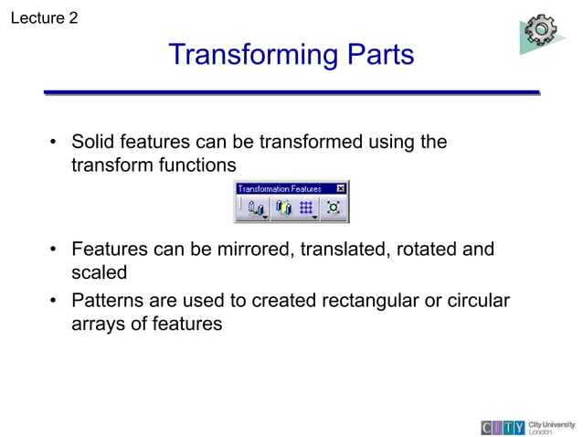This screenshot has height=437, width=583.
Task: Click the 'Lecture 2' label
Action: click(x=43, y=17)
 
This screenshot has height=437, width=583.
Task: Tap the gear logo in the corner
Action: click(x=541, y=32)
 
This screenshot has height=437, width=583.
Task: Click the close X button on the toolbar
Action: click(x=341, y=188)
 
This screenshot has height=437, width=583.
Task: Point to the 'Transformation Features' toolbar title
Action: click(x=280, y=188)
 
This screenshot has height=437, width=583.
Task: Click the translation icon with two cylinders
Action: click(x=253, y=208)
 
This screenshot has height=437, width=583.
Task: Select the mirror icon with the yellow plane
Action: click(x=283, y=208)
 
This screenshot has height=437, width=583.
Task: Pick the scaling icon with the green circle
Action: click(x=334, y=208)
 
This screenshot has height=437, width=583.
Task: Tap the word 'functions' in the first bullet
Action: click(x=196, y=165)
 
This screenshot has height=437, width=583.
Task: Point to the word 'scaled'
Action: click(x=99, y=272)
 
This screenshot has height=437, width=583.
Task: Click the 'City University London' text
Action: click(x=552, y=427)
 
